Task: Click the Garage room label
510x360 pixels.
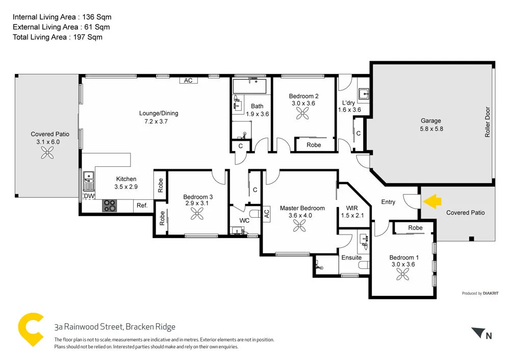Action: pos(430,121)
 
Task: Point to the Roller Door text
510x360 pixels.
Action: pos(488,122)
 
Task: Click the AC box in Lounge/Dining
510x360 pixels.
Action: pos(188,81)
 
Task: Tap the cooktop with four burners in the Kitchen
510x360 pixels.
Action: pos(110,205)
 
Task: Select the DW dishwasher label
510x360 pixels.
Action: pos(89,196)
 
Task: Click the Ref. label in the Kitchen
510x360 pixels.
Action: pos(142,205)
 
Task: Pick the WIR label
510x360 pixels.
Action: pos(352,208)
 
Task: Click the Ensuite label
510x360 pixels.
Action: pos(351,258)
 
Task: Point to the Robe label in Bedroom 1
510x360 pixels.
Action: pos(415,227)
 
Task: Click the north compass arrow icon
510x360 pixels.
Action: pos(478,333)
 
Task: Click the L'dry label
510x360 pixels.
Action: pos(349,102)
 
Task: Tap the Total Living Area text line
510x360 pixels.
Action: pos(58,37)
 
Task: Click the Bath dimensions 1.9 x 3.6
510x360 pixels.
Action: pos(257,114)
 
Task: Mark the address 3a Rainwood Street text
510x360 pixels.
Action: pos(115,327)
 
